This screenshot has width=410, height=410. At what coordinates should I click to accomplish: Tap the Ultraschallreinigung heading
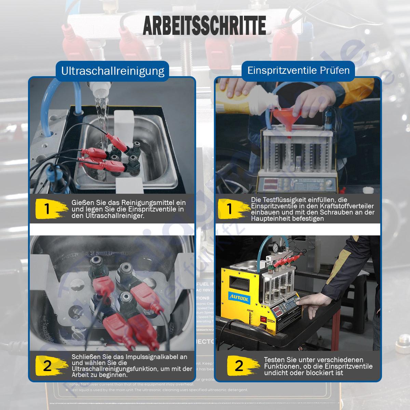pos(113,71)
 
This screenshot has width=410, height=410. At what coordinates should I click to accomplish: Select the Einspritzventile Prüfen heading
pos(298,70)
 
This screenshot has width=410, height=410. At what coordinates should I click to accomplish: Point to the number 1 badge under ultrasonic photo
pos(47,209)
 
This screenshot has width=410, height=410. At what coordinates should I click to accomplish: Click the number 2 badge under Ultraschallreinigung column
pos(47,366)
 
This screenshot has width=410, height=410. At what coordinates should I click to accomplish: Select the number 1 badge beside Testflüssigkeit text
pos(230,209)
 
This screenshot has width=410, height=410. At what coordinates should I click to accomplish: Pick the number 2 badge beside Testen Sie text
pos(239,366)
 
